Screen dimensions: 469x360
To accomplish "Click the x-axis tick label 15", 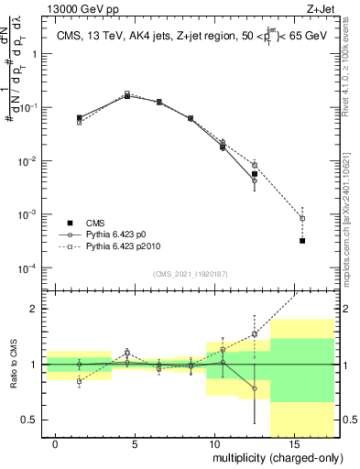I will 292,443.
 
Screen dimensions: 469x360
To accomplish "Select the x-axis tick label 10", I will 213,443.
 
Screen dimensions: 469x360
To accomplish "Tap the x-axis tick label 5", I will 135,443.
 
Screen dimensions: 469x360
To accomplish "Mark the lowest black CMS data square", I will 302,240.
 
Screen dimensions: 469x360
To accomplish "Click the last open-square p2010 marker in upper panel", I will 302,219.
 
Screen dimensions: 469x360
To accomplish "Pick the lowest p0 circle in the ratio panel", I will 254,388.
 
